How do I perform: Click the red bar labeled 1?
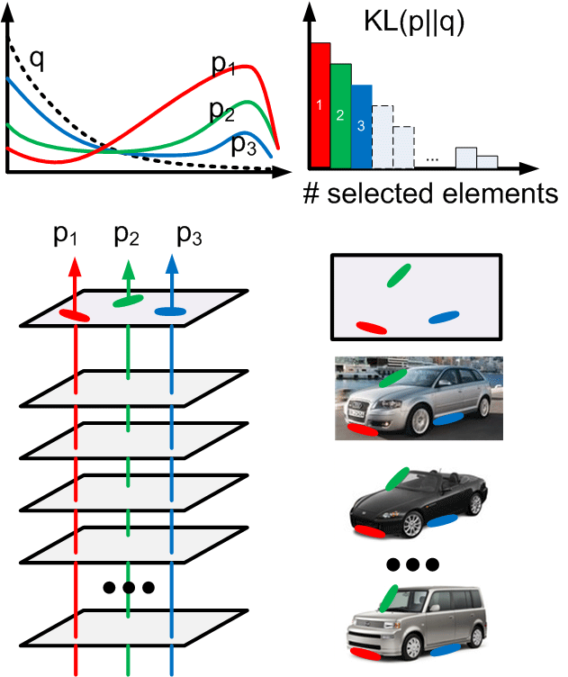(x=320, y=105)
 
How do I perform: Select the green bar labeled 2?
(x=340, y=115)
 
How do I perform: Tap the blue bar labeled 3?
(x=361, y=126)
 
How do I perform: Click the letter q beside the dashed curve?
(x=37, y=59)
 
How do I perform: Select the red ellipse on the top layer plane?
(x=75, y=315)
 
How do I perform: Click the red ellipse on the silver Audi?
(x=364, y=430)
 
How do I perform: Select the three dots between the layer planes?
(x=129, y=588)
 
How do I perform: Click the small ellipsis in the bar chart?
(x=432, y=158)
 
